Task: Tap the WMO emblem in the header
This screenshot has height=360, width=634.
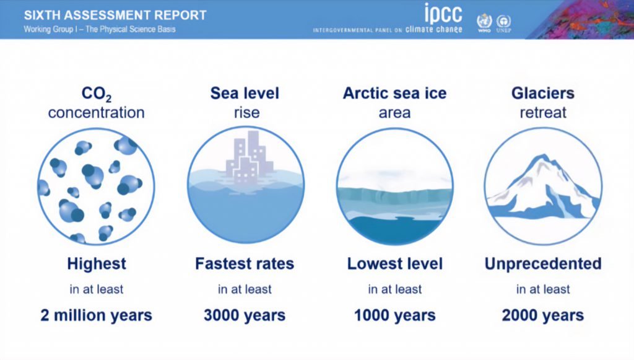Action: click(x=484, y=22)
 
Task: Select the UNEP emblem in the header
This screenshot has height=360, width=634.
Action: click(x=503, y=22)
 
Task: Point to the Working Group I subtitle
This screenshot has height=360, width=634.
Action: click(x=100, y=29)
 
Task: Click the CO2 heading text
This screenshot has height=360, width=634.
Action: click(x=96, y=94)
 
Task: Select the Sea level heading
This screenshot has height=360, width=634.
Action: click(x=245, y=93)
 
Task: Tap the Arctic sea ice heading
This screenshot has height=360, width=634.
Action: click(x=394, y=93)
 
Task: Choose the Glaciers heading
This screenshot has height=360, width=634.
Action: click(x=542, y=93)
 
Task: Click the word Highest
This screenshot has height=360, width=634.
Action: click(x=96, y=264)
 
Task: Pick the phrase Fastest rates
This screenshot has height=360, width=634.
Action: click(x=245, y=264)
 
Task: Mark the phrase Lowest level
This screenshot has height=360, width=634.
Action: click(x=394, y=264)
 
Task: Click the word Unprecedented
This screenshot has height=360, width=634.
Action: click(x=542, y=264)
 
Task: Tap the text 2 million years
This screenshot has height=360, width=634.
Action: click(x=96, y=315)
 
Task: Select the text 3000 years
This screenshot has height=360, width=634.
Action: click(x=245, y=315)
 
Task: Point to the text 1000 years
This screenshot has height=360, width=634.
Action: click(x=394, y=315)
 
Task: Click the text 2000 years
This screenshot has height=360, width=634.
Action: click(x=542, y=315)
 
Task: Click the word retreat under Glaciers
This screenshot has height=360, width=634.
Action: click(x=542, y=113)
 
